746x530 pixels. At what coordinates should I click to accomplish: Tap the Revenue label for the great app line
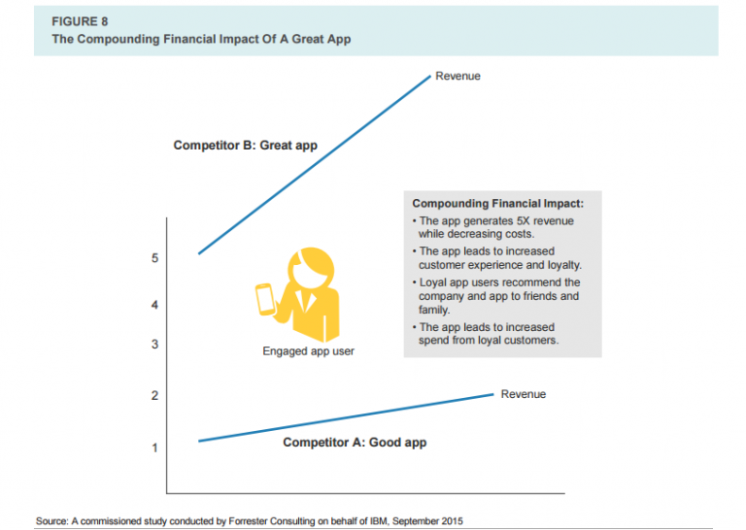[x=458, y=76]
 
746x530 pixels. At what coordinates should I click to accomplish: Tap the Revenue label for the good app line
[x=524, y=394]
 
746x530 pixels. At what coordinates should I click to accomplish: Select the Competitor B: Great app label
[x=245, y=146]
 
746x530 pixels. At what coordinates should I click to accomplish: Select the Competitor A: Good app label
[x=355, y=443]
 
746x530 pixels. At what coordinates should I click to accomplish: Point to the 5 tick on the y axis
[x=155, y=258]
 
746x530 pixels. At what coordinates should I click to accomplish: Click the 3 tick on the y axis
[x=155, y=345]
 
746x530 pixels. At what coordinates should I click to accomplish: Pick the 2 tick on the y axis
[x=155, y=396]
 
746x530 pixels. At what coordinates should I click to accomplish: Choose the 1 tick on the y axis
[x=155, y=447]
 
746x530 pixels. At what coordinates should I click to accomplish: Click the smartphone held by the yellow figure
[x=264, y=298]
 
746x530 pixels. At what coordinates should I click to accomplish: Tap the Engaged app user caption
[x=308, y=351]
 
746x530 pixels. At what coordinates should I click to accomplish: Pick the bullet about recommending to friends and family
[x=499, y=295]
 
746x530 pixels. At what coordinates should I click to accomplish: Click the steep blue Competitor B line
[x=314, y=164]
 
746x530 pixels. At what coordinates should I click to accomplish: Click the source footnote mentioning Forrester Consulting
[x=250, y=521]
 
